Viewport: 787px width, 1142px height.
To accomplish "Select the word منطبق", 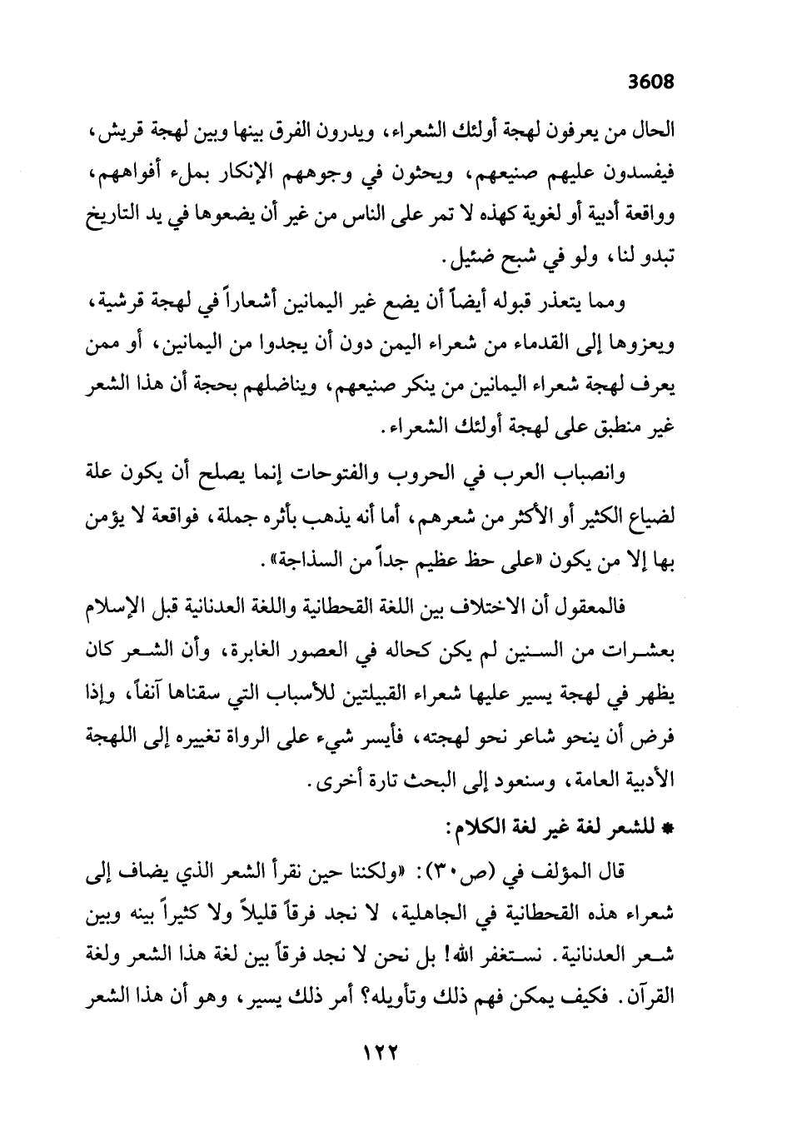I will (x=610, y=431).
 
